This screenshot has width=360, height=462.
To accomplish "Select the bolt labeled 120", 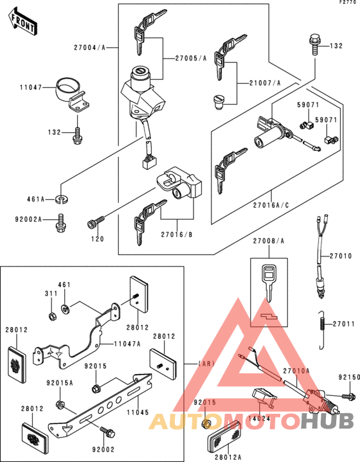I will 94,224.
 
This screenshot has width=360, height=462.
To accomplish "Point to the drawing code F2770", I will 346,4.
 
